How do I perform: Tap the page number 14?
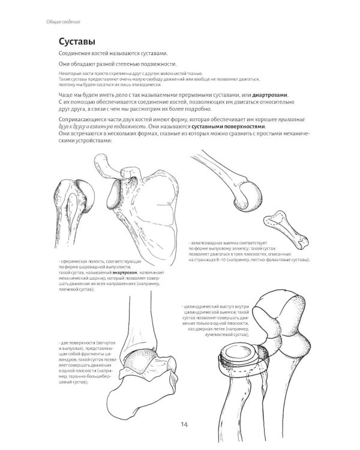tap(185, 425)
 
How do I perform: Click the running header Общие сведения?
tap(63, 22)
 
